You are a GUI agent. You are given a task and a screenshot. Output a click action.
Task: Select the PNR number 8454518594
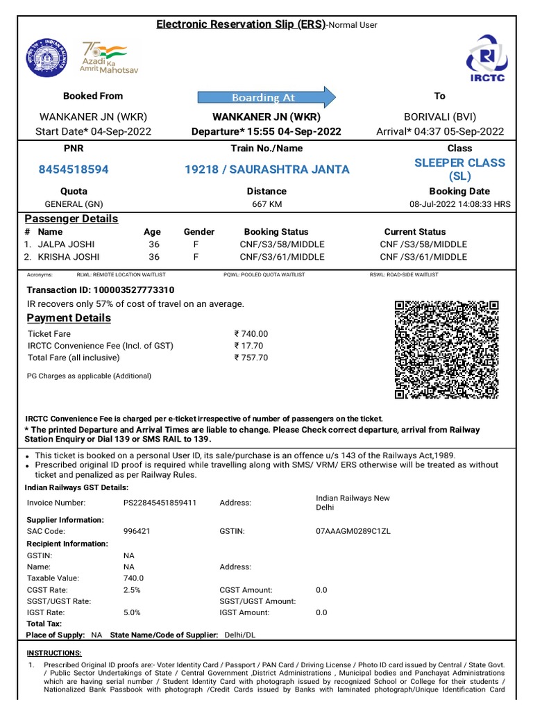(x=73, y=169)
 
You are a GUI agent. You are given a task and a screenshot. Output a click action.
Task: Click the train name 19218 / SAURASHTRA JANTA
(x=266, y=169)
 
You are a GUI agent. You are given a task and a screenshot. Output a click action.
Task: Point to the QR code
(x=446, y=350)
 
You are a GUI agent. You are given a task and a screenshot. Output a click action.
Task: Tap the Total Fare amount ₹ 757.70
(x=251, y=358)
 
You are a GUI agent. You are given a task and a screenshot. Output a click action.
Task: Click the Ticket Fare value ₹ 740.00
(x=251, y=334)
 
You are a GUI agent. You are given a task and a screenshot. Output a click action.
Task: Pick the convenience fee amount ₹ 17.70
(x=248, y=346)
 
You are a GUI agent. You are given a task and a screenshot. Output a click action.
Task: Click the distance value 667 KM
(x=266, y=204)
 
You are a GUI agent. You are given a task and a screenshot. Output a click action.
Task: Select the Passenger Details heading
(x=71, y=219)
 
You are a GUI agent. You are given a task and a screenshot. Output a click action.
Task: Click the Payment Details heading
(x=68, y=318)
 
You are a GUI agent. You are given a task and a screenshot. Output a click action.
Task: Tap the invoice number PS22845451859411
(x=160, y=503)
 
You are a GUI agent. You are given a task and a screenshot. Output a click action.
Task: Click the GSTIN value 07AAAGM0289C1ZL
(x=353, y=531)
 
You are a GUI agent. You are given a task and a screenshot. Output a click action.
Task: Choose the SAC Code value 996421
(x=137, y=531)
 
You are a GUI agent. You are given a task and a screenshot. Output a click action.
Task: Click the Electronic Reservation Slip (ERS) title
(x=240, y=24)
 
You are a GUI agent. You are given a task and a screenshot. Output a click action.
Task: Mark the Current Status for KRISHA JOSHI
(x=423, y=257)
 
